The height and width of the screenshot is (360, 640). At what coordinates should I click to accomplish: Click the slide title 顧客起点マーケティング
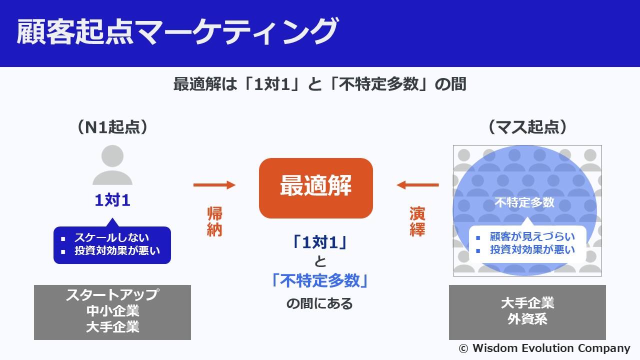[177, 31]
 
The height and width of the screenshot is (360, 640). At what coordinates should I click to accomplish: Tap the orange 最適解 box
[315, 188]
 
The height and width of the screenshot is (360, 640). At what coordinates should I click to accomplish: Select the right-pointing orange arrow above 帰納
[214, 185]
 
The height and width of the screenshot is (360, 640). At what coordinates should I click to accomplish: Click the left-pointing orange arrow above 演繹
[417, 185]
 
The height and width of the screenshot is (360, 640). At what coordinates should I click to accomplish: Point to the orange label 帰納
[214, 221]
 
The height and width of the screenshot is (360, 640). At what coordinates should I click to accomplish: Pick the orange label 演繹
[417, 221]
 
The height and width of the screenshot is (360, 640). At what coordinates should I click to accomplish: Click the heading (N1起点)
[112, 127]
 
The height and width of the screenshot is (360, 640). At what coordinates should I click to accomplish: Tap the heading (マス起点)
[527, 127]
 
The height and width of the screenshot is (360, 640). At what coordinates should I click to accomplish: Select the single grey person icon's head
[112, 156]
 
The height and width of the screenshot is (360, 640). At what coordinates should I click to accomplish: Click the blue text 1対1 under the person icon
[112, 200]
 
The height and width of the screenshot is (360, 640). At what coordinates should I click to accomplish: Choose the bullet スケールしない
[111, 237]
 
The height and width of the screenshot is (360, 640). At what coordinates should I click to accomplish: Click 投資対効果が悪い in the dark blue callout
[117, 250]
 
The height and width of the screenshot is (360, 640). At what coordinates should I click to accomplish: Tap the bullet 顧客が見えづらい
[532, 236]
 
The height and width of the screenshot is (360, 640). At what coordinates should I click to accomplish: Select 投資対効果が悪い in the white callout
[532, 249]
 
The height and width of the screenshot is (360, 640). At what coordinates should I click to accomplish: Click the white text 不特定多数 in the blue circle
[524, 202]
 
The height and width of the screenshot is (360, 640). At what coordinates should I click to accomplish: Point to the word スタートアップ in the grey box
[112, 295]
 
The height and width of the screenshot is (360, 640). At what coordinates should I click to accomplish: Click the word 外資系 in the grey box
[527, 319]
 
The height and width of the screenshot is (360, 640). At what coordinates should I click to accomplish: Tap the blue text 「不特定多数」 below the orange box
[319, 280]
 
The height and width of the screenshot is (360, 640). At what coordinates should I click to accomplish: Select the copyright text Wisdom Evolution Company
[551, 348]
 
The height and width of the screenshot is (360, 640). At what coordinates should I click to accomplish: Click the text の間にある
[319, 303]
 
